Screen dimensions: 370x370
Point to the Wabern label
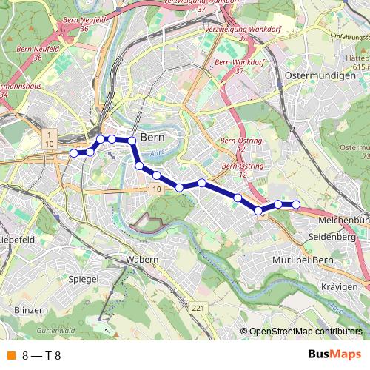point(142,260)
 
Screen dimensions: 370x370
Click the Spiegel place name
point(83,281)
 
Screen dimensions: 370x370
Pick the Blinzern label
point(31,310)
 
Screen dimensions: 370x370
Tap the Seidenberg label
point(332,236)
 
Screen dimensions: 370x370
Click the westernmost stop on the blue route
point(73,153)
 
